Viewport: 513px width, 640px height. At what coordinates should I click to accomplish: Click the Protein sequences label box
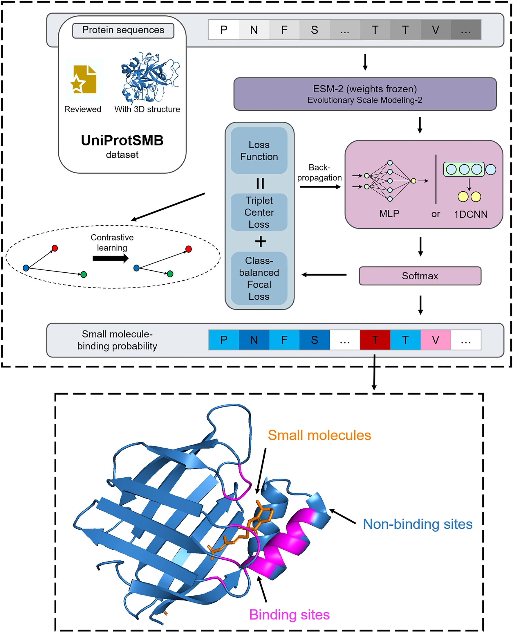click(x=123, y=30)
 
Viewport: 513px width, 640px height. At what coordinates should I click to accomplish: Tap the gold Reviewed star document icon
click(x=84, y=80)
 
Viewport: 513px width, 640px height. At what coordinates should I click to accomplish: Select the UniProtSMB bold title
click(x=122, y=141)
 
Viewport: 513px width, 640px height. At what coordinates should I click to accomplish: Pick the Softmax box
click(x=420, y=276)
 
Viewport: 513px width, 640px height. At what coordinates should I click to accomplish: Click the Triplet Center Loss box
click(x=259, y=212)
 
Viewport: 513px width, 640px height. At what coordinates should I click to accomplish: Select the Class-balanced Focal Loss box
click(x=259, y=278)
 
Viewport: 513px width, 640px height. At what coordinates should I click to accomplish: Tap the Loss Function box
click(x=259, y=150)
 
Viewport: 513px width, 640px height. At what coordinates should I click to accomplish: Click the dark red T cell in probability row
click(x=374, y=339)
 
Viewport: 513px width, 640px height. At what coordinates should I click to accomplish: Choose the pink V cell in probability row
click(x=435, y=339)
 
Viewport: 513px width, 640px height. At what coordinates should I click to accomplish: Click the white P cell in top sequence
click(x=223, y=30)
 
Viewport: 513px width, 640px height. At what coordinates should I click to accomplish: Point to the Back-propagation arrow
click(x=320, y=187)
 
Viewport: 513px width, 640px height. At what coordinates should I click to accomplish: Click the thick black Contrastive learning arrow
click(x=110, y=258)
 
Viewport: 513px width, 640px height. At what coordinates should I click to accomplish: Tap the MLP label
click(x=389, y=213)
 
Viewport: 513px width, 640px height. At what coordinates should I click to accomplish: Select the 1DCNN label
click(x=470, y=214)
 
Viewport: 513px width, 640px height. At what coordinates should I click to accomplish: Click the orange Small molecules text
click(x=319, y=435)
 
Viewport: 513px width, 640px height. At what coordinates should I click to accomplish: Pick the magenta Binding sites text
click(x=289, y=614)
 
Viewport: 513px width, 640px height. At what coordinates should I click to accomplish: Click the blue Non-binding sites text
click(x=417, y=524)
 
